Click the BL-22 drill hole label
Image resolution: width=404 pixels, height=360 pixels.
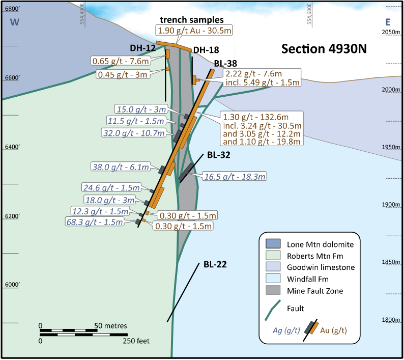coord(215,264)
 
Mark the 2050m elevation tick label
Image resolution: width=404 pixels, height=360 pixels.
coord(392,32)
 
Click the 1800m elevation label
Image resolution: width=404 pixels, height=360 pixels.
coord(392,320)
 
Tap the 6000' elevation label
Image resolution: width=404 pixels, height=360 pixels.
coord(11,285)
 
